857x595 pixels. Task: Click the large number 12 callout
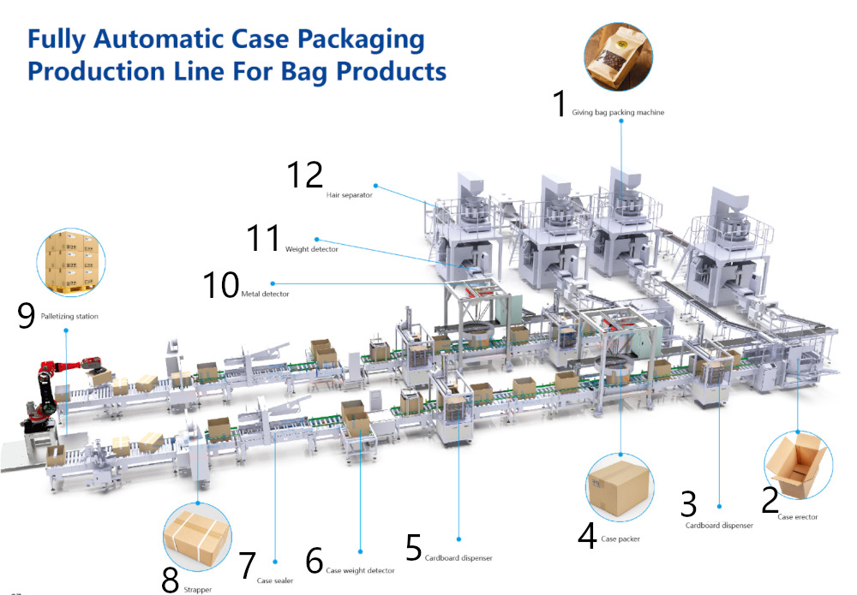(x=304, y=175)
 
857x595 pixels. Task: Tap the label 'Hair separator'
(x=350, y=195)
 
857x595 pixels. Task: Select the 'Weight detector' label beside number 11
(x=311, y=249)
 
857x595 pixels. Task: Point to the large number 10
(x=220, y=286)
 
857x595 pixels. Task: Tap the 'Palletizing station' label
(x=69, y=317)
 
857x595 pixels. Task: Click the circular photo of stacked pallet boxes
(x=72, y=259)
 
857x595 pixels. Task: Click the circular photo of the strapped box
(x=197, y=536)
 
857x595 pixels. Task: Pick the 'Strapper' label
(x=198, y=589)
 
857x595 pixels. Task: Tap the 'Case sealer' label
(x=275, y=581)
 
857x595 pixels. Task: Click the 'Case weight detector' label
(x=360, y=570)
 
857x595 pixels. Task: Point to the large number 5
(x=414, y=549)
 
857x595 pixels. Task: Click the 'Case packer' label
(x=621, y=538)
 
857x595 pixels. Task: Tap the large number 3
(x=688, y=505)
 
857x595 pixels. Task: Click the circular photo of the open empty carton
(x=798, y=466)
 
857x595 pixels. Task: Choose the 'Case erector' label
(x=798, y=517)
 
